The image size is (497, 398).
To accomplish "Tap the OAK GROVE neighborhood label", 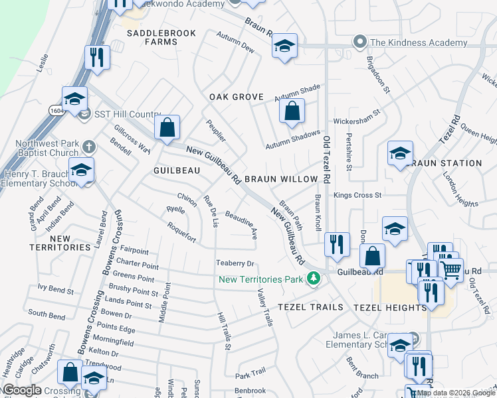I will pyautogui.click(x=237, y=97).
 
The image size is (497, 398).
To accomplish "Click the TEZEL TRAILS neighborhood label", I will pyautogui.click(x=311, y=307).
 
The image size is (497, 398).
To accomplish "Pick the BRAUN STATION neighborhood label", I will pyautogui.click(x=447, y=163).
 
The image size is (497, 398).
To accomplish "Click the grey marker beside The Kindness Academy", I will pyautogui.click(x=360, y=42).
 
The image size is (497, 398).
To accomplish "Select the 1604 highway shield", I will pyautogui.click(x=56, y=111).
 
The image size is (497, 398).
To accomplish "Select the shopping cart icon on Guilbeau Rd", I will pyautogui.click(x=452, y=269).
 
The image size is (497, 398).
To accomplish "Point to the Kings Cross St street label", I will pyautogui.click(x=357, y=196).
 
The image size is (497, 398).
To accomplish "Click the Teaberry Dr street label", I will pyautogui.click(x=235, y=264).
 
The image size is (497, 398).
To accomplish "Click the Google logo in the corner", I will pyautogui.click(x=22, y=390).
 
